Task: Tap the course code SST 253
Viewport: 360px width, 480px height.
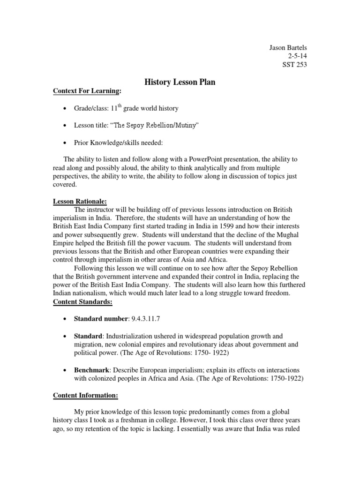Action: pos(295,65)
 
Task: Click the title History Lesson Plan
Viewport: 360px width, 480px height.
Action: pos(180,82)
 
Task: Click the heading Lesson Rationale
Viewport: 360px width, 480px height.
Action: pos(80,201)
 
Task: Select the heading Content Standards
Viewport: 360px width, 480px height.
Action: pos(82,302)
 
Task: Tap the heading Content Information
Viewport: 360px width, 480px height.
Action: pos(85,396)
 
